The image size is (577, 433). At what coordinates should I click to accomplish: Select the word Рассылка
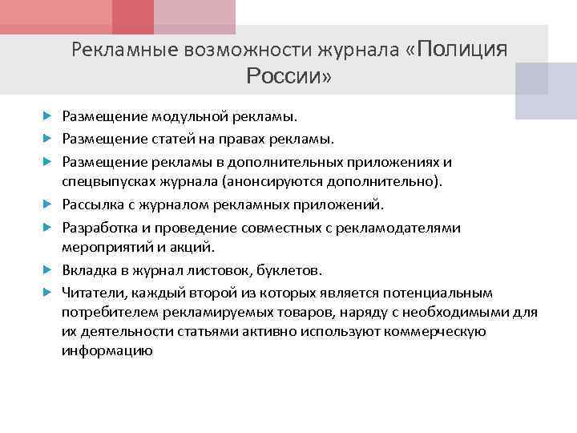[x=92, y=204]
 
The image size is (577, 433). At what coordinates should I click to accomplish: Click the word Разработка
[x=99, y=228]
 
